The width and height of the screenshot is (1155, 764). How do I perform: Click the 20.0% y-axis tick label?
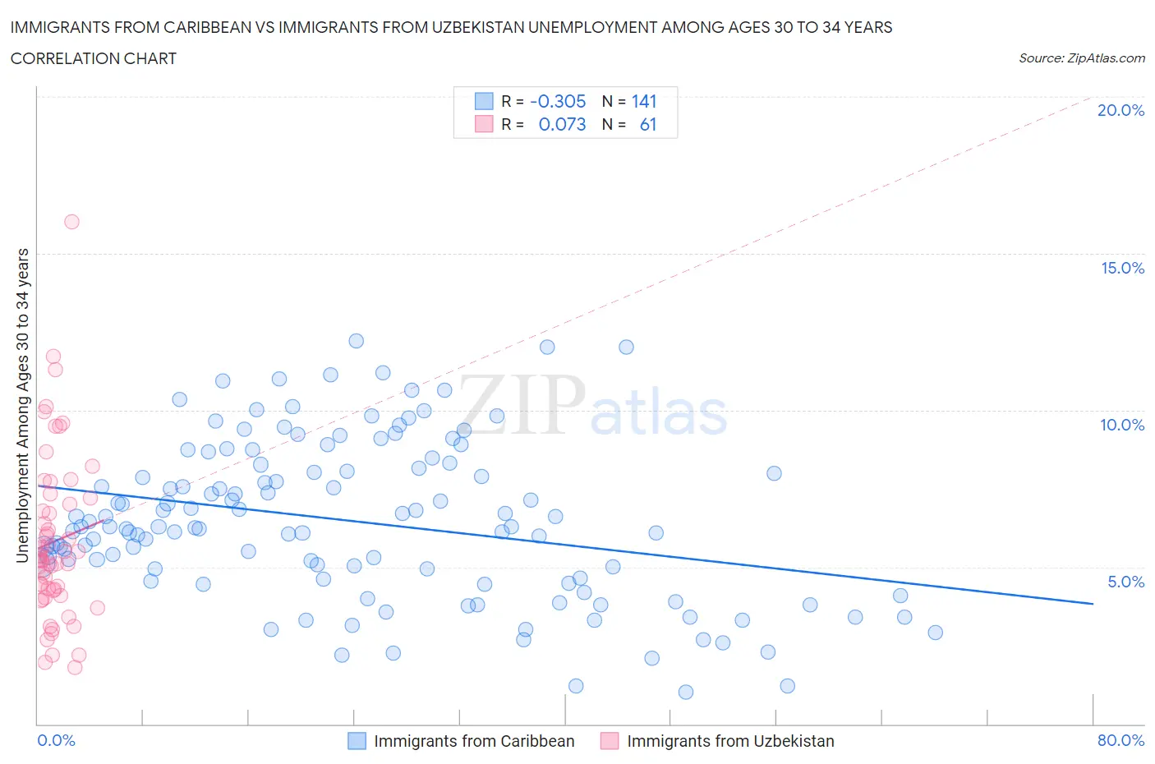1120,111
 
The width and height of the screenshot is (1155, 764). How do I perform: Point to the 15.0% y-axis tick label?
1122,268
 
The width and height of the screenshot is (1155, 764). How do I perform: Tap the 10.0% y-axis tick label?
1122,425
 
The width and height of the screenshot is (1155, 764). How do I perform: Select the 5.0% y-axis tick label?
1125,582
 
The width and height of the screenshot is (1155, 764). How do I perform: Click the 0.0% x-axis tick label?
56,740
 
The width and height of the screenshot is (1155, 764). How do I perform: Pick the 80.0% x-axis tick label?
1120,740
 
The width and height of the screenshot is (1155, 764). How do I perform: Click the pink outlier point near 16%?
71,222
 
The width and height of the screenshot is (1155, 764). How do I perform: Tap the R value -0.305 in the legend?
558,101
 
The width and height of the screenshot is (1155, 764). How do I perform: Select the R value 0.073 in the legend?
562,124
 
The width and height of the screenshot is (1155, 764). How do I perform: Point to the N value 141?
644,101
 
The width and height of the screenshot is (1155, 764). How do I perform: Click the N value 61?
648,124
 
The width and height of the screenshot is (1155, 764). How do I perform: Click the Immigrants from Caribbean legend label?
474,741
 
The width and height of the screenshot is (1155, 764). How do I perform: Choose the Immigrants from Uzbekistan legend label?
730,741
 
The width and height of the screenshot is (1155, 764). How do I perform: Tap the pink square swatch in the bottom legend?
610,741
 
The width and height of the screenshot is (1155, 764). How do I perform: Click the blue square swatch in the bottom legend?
357,741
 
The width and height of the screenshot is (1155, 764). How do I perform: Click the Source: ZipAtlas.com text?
1081,58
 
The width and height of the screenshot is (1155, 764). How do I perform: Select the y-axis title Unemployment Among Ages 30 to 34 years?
22,406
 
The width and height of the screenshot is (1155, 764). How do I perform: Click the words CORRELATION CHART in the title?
94,58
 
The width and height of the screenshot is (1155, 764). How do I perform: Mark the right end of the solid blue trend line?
1093,604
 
